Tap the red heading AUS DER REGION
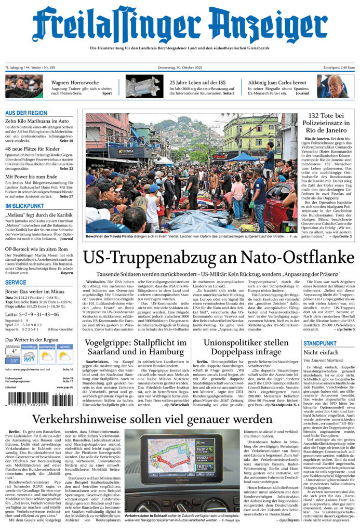tap(26, 113)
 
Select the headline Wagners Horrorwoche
tap(75, 83)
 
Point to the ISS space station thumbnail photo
tap(144, 86)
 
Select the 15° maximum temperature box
tap(12, 361)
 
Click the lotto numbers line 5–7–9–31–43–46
tap(32, 314)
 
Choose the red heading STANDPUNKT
tap(320, 343)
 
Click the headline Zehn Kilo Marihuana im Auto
tap(37, 121)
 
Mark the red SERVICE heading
tap(16, 283)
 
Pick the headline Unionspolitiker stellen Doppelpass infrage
tap(246, 348)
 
